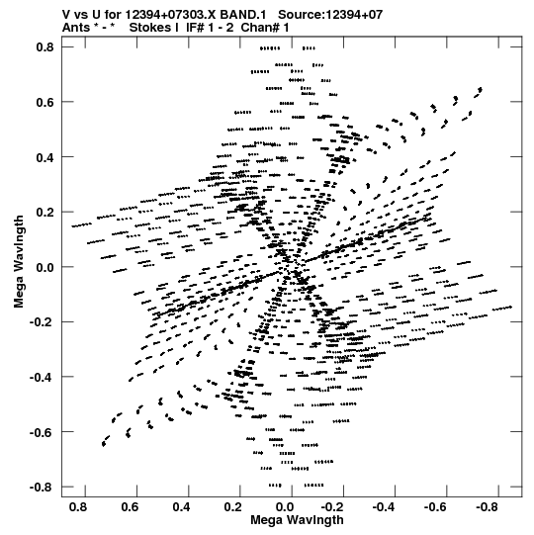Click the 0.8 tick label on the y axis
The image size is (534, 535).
pyautogui.click(x=45, y=47)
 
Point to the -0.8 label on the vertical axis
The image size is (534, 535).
pyautogui.click(x=42, y=487)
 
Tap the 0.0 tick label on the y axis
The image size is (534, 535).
pyautogui.click(x=45, y=267)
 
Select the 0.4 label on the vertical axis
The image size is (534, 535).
pyautogui.click(x=45, y=157)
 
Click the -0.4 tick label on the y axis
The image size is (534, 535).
pyautogui.click(x=42, y=377)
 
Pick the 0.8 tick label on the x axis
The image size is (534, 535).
pyautogui.click(x=78, y=507)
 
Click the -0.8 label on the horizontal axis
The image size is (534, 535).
pyautogui.click(x=487, y=507)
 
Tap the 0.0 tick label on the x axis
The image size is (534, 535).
pyautogui.click(x=285, y=507)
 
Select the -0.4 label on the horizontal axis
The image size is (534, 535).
pyautogui.click(x=383, y=507)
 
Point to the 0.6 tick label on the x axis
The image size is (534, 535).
pyautogui.click(x=130, y=507)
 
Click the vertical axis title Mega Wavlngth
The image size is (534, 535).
pyautogui.click(x=19, y=262)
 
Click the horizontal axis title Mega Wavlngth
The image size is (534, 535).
pyautogui.click(x=297, y=520)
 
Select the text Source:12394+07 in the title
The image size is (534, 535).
pyautogui.click(x=330, y=15)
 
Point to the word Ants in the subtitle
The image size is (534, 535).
pyautogui.click(x=76, y=28)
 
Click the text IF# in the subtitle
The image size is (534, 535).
pyautogui.click(x=195, y=28)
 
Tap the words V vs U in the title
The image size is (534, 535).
pyautogui.click(x=80, y=15)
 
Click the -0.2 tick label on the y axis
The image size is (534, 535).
pyautogui.click(x=42, y=322)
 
